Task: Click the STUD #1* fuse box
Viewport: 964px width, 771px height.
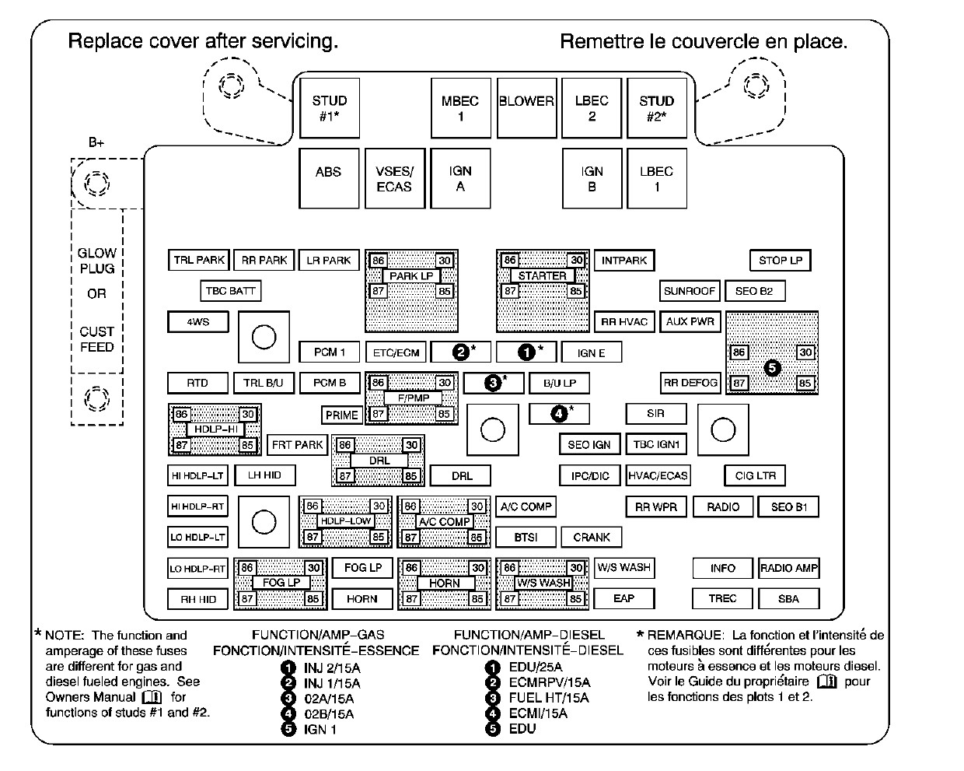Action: (330, 108)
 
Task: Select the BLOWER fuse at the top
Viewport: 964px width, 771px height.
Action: (526, 108)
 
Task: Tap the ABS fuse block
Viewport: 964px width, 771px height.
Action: (329, 178)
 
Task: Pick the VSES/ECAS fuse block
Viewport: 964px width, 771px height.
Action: (395, 178)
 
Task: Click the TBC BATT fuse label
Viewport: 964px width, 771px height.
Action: (230, 291)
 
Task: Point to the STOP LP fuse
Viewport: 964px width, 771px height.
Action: (780, 260)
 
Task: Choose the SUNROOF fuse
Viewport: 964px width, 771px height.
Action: (690, 291)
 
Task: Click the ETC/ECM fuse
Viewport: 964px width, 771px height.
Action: (396, 352)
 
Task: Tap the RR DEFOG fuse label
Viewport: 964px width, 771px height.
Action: (690, 383)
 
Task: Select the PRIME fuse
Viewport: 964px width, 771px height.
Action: (341, 415)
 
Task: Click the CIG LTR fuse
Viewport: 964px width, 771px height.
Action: (755, 475)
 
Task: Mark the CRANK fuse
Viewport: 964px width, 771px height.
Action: (592, 537)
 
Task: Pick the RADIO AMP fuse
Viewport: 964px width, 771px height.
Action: (789, 568)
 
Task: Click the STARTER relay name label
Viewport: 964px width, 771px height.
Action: (542, 275)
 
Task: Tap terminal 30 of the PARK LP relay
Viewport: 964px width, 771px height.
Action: (444, 261)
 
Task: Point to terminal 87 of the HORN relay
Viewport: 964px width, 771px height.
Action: (411, 598)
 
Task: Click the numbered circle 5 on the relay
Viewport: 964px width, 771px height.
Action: (772, 368)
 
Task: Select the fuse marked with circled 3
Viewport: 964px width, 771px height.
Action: (493, 383)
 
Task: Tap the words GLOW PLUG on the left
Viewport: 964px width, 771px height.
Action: (96, 261)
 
